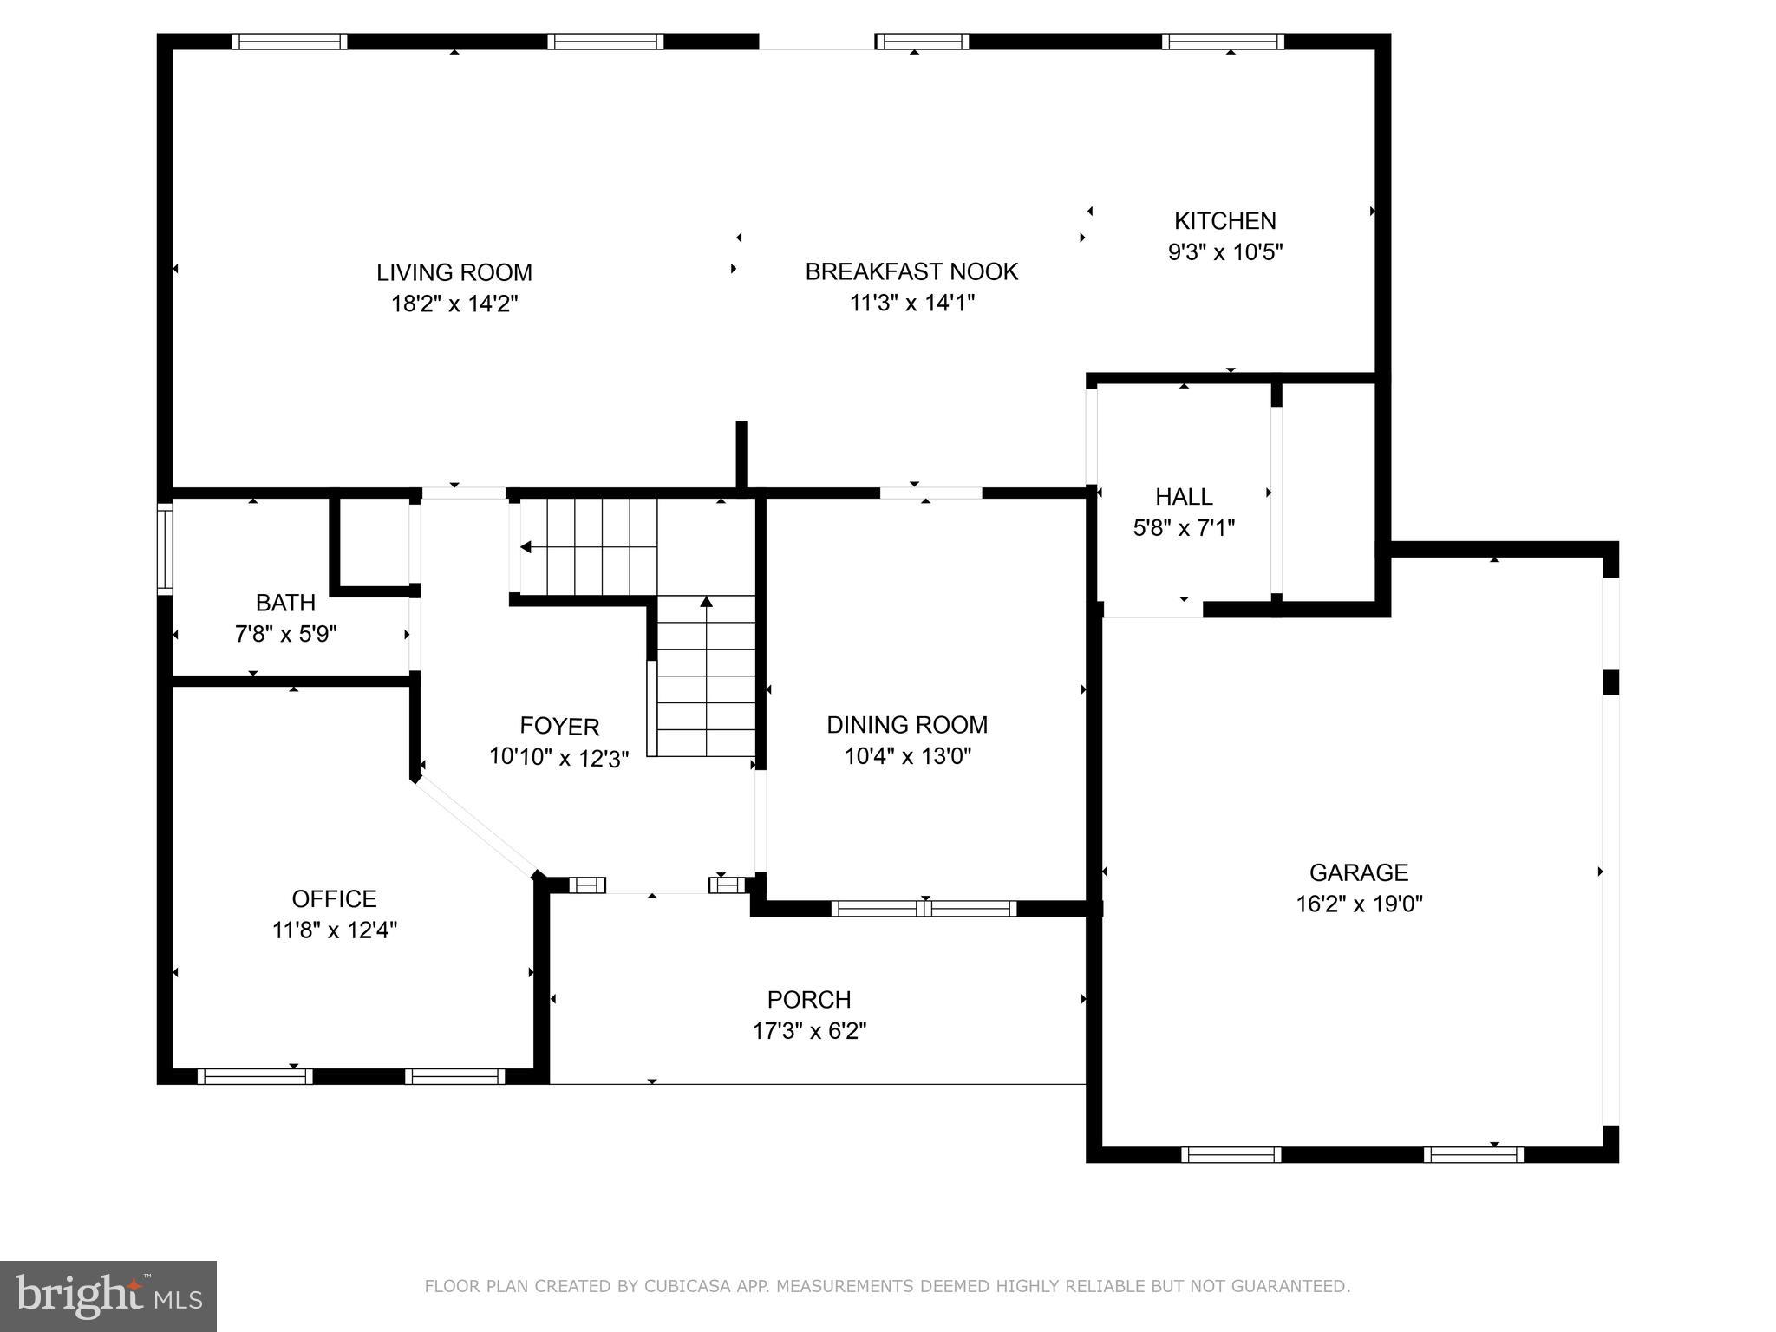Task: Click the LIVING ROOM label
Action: [454, 272]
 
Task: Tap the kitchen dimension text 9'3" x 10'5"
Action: [1224, 252]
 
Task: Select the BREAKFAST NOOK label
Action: [911, 271]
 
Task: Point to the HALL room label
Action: [1184, 497]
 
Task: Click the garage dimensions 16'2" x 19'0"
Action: [1359, 904]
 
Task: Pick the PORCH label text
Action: [809, 1000]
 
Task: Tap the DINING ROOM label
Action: [907, 725]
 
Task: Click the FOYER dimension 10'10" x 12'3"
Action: [558, 757]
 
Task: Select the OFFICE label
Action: [334, 898]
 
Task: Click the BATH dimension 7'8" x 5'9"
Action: [285, 634]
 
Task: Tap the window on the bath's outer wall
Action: [164, 550]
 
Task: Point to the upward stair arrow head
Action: [706, 601]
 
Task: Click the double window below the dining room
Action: [924, 909]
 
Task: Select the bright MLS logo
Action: [108, 1296]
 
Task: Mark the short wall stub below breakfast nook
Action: [741, 455]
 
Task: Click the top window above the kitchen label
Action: [1223, 42]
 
